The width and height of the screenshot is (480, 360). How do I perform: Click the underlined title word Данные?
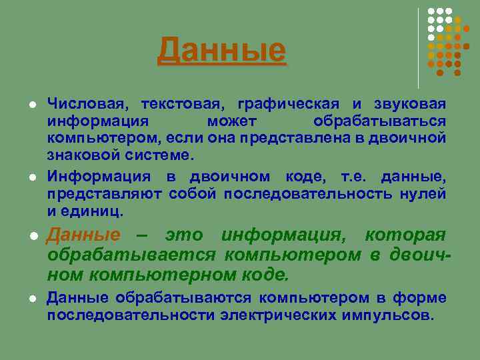click(x=221, y=51)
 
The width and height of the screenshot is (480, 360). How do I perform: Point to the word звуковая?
click(x=413, y=105)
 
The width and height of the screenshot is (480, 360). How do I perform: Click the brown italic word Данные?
click(x=84, y=235)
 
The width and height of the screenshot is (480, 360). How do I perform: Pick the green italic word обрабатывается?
click(x=131, y=255)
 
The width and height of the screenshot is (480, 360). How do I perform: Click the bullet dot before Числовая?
click(x=31, y=105)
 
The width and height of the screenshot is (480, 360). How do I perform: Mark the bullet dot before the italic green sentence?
click(x=31, y=237)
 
